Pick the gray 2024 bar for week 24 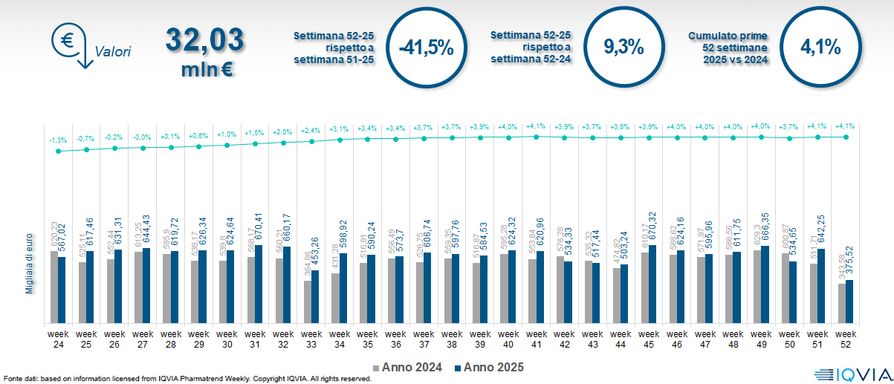click(54, 287)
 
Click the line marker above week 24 click(58, 152)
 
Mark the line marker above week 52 click(846, 137)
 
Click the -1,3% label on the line click(58, 140)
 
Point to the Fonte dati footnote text click(187, 379)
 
